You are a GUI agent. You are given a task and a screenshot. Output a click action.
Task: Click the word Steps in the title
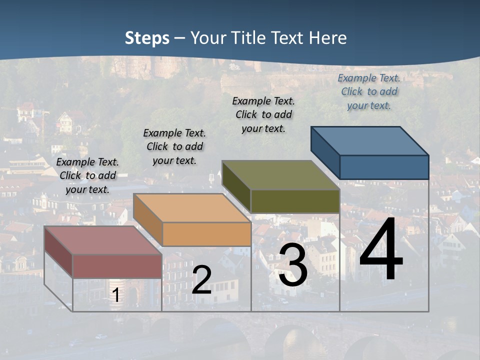click(x=147, y=38)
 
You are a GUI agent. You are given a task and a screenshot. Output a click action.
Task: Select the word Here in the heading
click(x=328, y=38)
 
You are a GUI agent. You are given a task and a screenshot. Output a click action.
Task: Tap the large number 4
click(x=381, y=250)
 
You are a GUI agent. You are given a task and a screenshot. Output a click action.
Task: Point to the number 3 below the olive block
click(x=293, y=265)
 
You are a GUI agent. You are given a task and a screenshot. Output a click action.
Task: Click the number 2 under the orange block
click(x=201, y=280)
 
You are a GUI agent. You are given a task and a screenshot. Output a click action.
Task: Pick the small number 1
click(x=115, y=295)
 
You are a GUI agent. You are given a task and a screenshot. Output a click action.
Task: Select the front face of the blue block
click(x=384, y=167)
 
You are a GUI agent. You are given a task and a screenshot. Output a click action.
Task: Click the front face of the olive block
click(x=295, y=201)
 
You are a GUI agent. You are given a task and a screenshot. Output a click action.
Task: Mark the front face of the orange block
click(x=206, y=234)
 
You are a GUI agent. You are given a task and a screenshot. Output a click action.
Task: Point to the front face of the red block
click(x=117, y=266)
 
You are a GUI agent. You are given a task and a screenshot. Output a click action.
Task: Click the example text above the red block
click(x=87, y=175)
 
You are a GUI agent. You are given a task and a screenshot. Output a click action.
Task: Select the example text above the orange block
click(x=174, y=146)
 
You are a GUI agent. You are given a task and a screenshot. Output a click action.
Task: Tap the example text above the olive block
click(x=263, y=114)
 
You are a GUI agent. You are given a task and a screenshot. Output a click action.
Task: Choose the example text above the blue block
click(x=369, y=91)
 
